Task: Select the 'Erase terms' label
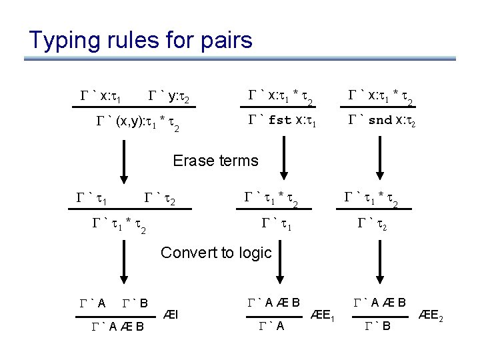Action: (215, 160)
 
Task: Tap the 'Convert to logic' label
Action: (216, 253)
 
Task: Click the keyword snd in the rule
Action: (381, 121)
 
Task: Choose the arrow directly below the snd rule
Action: (383, 158)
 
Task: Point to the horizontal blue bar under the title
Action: (240, 59)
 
